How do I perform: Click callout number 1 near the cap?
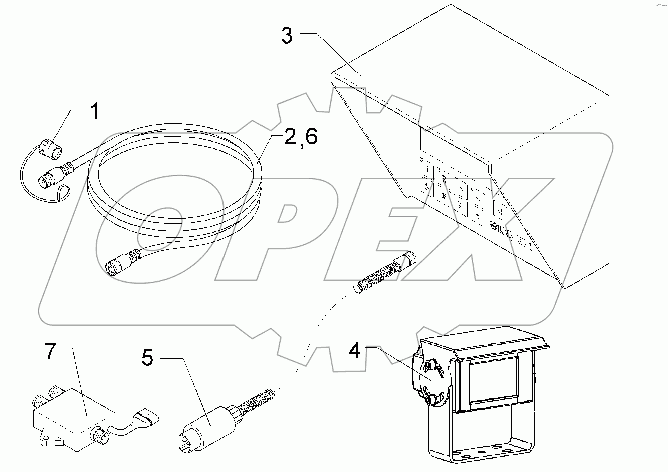click(x=94, y=111)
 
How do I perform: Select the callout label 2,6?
click(x=300, y=137)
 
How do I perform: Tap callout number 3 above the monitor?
click(x=286, y=37)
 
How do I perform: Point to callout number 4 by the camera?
click(x=354, y=351)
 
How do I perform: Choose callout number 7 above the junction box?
click(x=50, y=352)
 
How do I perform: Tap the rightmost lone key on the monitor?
click(x=500, y=210)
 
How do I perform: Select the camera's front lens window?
click(x=494, y=380)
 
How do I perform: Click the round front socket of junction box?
click(x=102, y=435)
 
